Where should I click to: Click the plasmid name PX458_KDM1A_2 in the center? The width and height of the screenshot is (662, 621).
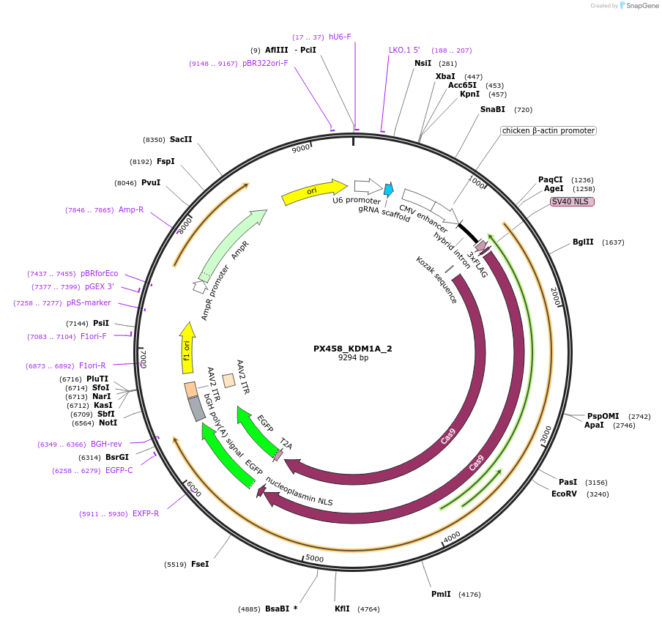[x=353, y=349]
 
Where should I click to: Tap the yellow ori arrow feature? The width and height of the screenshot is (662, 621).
[x=313, y=192]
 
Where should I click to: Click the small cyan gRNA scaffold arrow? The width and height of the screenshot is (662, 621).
[x=388, y=190]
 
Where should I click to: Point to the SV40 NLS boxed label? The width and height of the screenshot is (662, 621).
[x=573, y=201]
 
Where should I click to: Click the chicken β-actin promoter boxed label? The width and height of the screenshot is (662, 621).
[x=548, y=131]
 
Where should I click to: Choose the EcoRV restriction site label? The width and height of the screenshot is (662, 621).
[x=564, y=494]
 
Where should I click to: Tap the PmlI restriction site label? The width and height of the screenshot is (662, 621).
[x=441, y=595]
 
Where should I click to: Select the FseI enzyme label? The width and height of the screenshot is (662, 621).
[x=200, y=564]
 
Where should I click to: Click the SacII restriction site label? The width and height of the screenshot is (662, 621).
[x=181, y=139]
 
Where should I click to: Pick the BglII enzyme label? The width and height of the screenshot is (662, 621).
[x=583, y=242]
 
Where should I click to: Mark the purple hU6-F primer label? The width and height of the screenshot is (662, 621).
[x=340, y=37]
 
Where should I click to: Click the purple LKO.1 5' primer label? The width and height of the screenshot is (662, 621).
[x=404, y=51]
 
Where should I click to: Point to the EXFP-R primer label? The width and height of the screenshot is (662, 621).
[x=146, y=513]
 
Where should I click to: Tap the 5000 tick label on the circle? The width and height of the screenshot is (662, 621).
[x=315, y=558]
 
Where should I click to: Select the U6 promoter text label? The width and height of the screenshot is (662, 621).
[x=357, y=200]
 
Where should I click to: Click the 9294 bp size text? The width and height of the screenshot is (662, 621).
[x=353, y=358]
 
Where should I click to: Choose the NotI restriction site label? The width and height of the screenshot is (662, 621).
[x=108, y=423]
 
